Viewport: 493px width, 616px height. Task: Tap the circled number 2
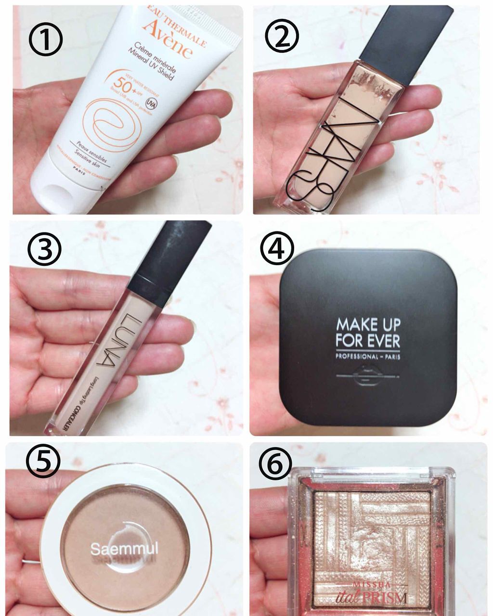(x=282, y=34)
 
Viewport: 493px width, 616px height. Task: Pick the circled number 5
(x=43, y=461)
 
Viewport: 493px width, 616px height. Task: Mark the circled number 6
(x=275, y=463)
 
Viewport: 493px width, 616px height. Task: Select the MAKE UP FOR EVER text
(x=368, y=333)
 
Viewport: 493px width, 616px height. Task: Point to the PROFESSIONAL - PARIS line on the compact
(x=368, y=357)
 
